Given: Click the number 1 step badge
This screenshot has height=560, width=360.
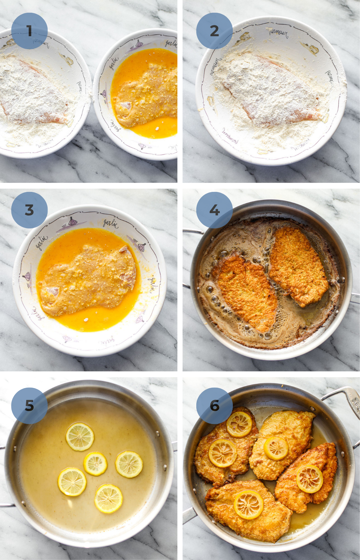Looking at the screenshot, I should pos(29,31).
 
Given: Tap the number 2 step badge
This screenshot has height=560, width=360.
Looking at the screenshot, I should pos(214,31).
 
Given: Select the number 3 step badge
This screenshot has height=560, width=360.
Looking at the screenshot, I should pos(29,210).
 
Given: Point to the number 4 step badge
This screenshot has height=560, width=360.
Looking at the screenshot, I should pos(214,210).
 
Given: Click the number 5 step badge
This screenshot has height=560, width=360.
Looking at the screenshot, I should pos(29,406).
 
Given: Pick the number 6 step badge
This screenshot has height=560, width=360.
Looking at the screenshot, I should pos(214,406).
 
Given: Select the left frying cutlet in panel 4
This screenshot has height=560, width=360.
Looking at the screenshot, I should pos(245,290).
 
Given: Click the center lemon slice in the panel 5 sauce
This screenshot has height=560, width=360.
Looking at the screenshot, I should pos(96,463).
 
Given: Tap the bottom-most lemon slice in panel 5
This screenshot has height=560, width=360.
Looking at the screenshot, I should pos(109,498).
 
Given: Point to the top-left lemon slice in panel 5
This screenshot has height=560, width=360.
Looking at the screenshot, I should pos(80,437).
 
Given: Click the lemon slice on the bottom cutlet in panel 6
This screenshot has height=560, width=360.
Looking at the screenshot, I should pos(249,505).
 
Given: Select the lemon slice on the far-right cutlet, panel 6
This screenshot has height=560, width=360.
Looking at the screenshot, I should pos(309,479).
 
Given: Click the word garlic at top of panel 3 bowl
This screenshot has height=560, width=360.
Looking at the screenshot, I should pos(111,223).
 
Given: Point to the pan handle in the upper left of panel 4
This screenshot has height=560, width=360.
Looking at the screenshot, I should pos(192,231).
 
